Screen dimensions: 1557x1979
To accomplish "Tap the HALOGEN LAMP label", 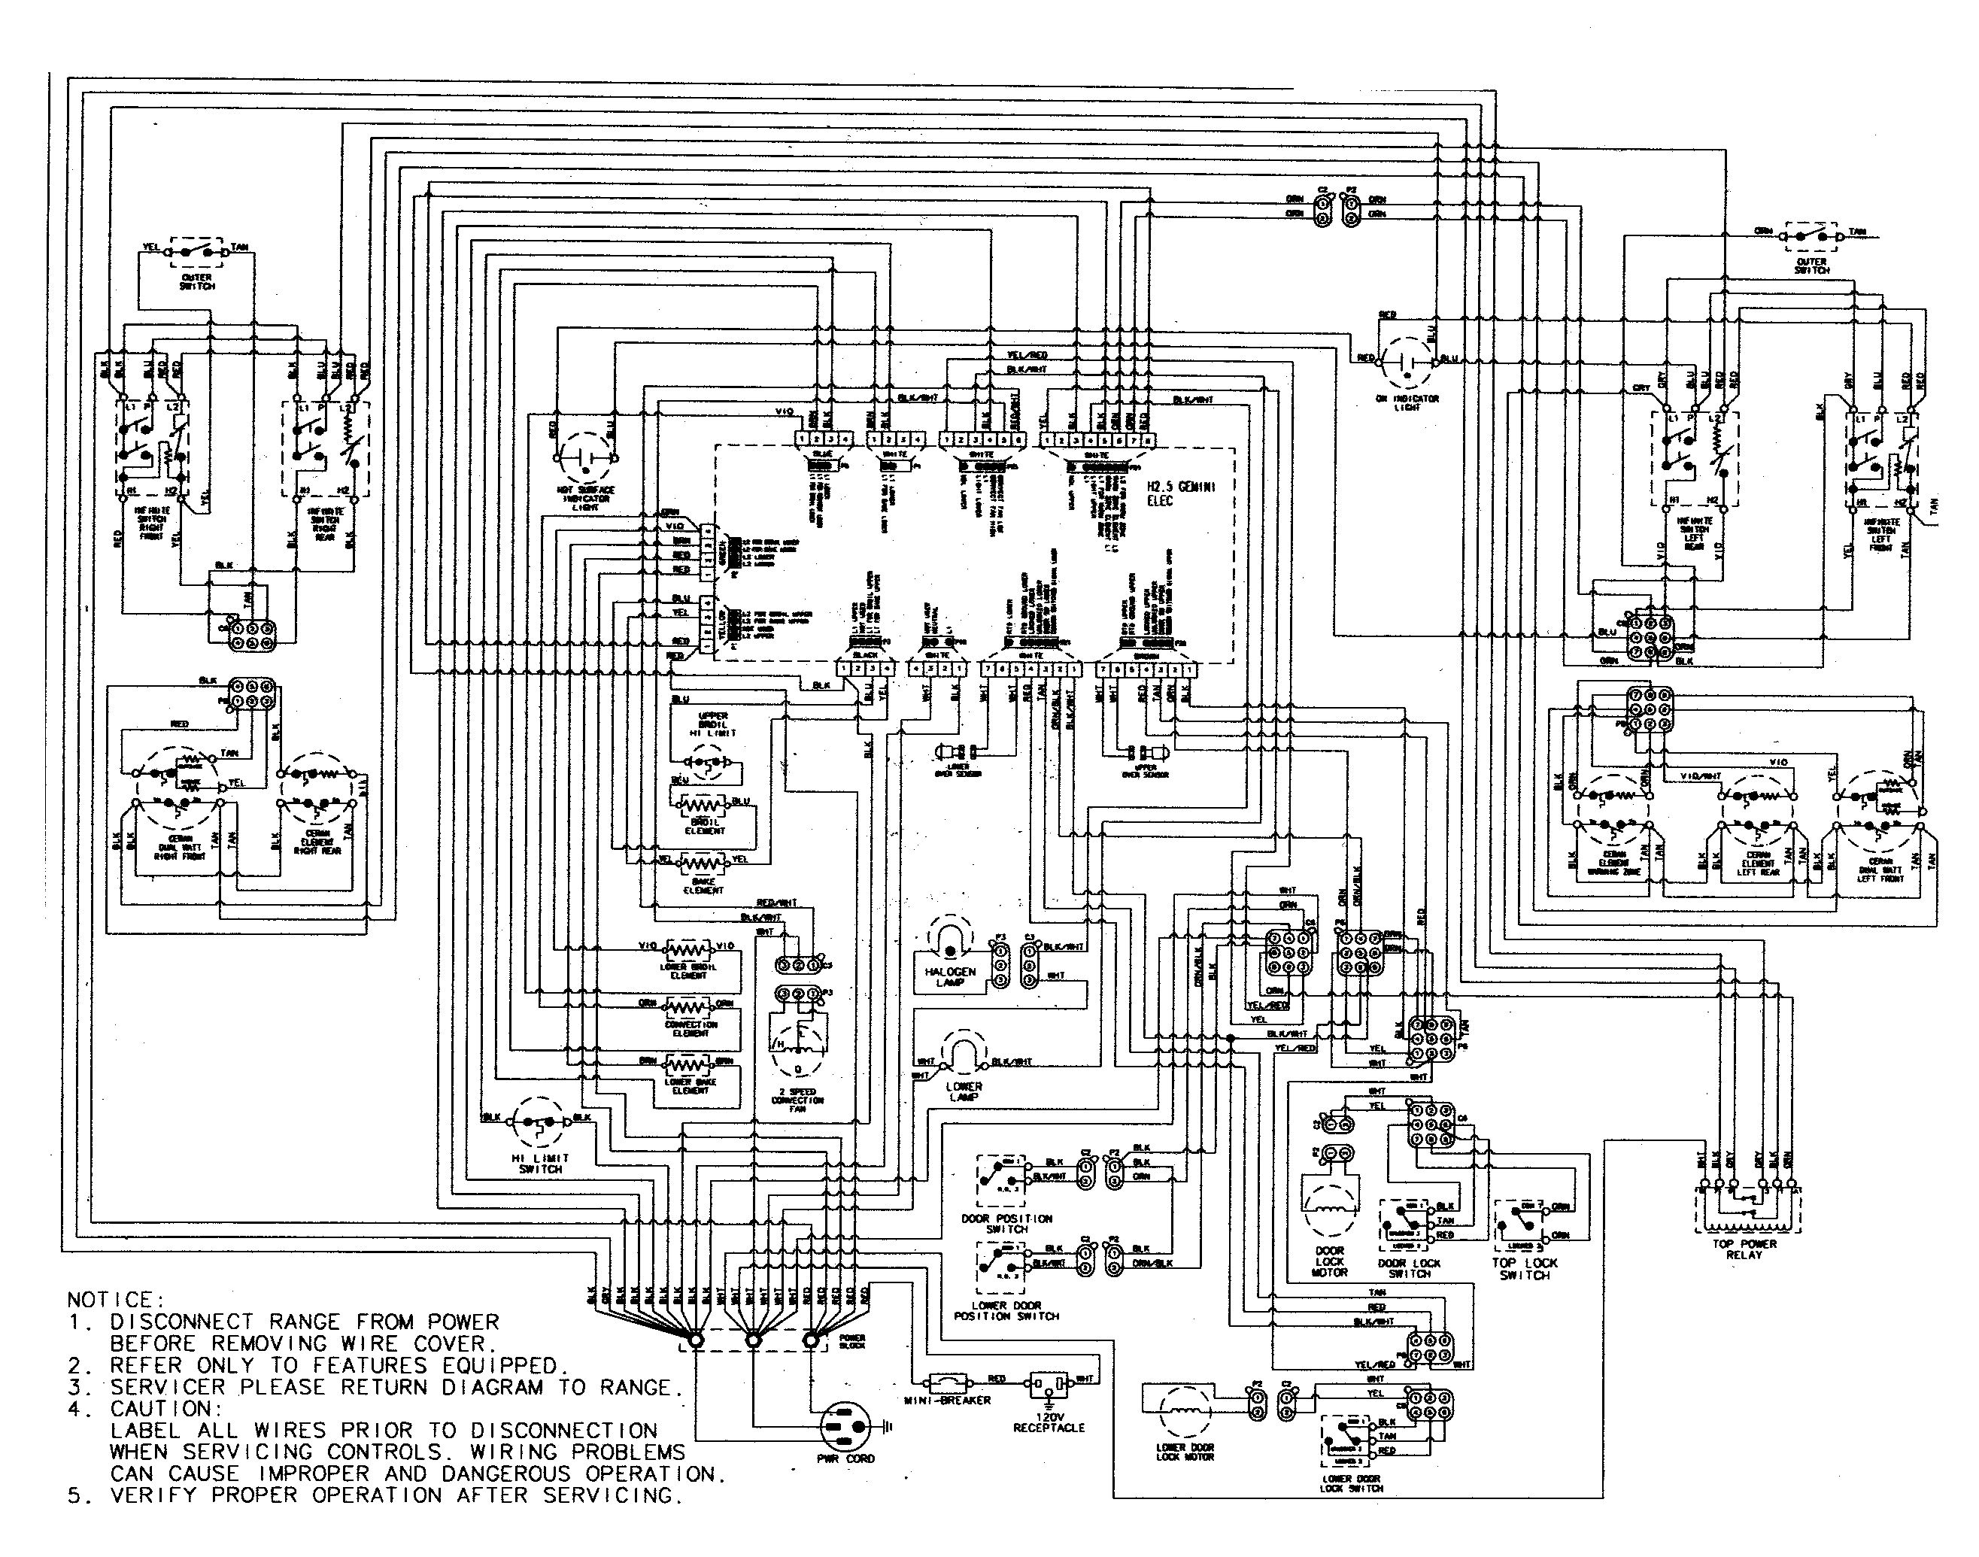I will point(949,978).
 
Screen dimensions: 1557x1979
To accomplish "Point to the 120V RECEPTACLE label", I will point(1049,1423).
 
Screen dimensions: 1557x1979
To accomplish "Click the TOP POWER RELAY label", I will point(1744,1249).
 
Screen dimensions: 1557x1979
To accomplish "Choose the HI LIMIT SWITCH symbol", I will point(539,1122).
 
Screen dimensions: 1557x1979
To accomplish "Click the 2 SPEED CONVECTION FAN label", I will point(797,1100).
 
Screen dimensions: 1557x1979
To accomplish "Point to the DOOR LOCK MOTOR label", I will point(1329,1261).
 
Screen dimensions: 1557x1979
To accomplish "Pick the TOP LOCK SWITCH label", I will point(1524,1269).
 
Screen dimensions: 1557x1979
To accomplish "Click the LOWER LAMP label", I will point(964,1091).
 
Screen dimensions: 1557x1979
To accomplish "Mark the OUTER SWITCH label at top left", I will point(196,281).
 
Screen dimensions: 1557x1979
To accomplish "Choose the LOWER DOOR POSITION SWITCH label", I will point(1006,1311).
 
